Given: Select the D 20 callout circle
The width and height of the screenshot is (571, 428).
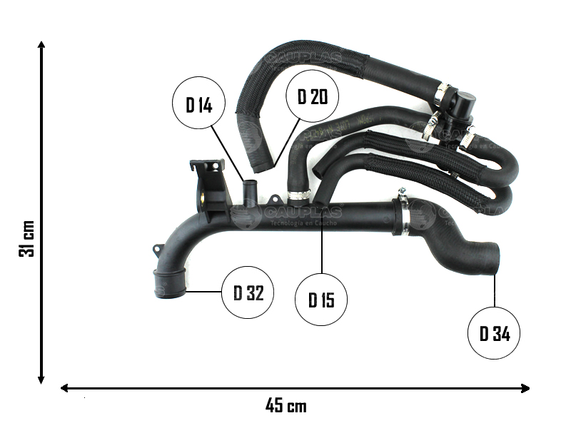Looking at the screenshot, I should [312, 97].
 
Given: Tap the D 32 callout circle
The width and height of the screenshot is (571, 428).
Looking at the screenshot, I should [248, 292].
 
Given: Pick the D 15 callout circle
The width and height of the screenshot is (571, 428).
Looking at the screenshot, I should [321, 300].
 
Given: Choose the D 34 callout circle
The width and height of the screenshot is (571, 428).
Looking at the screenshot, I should [494, 333].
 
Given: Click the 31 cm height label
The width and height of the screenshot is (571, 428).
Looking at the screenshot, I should [27, 238].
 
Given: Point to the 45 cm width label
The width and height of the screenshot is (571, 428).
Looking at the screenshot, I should [285, 406].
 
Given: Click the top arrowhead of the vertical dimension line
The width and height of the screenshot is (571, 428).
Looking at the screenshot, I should [41, 46].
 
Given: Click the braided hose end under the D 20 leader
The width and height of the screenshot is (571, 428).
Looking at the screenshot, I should [261, 163].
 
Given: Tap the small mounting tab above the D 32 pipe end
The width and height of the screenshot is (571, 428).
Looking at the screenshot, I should [156, 251].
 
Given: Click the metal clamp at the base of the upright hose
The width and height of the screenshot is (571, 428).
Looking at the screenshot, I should [299, 193].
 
